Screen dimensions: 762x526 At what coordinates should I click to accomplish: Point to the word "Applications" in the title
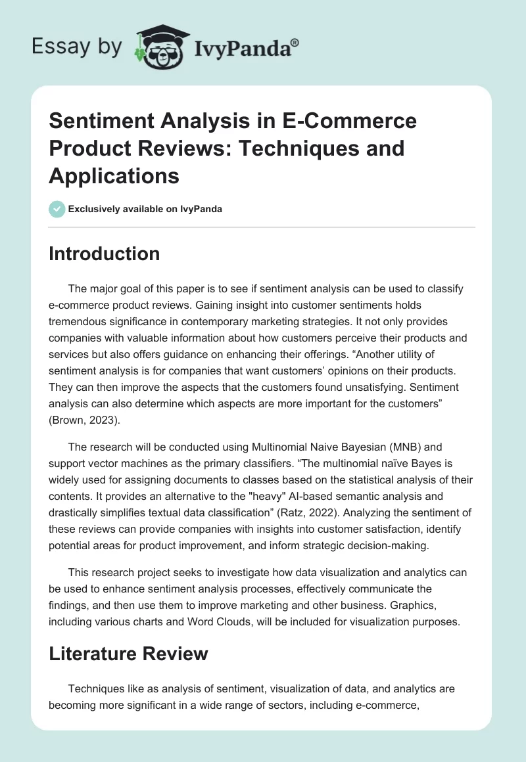tap(114, 176)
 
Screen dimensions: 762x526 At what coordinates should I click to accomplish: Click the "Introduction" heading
tap(104, 254)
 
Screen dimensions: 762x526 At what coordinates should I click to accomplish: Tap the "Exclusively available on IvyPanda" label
tap(145, 210)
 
